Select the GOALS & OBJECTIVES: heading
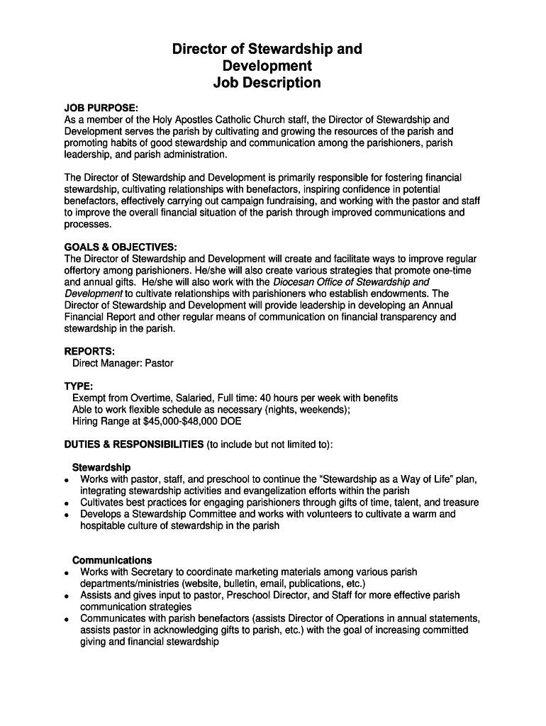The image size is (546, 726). tap(121, 247)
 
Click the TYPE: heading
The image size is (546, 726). tap(79, 386)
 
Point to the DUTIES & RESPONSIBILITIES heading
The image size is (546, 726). tap(133, 445)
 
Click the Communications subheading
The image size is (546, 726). tap(112, 560)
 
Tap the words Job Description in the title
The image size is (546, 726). tap(267, 83)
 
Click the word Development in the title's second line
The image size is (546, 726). tap(267, 66)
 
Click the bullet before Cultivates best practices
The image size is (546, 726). tap(66, 503)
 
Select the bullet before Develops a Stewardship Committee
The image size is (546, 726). tap(66, 515)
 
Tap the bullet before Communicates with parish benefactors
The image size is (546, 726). tap(66, 619)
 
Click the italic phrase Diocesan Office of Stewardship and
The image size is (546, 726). tap(351, 281)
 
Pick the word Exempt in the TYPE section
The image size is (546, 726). tap(90, 398)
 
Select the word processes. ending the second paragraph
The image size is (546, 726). tap(88, 224)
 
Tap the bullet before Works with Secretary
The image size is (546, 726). tap(66, 572)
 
